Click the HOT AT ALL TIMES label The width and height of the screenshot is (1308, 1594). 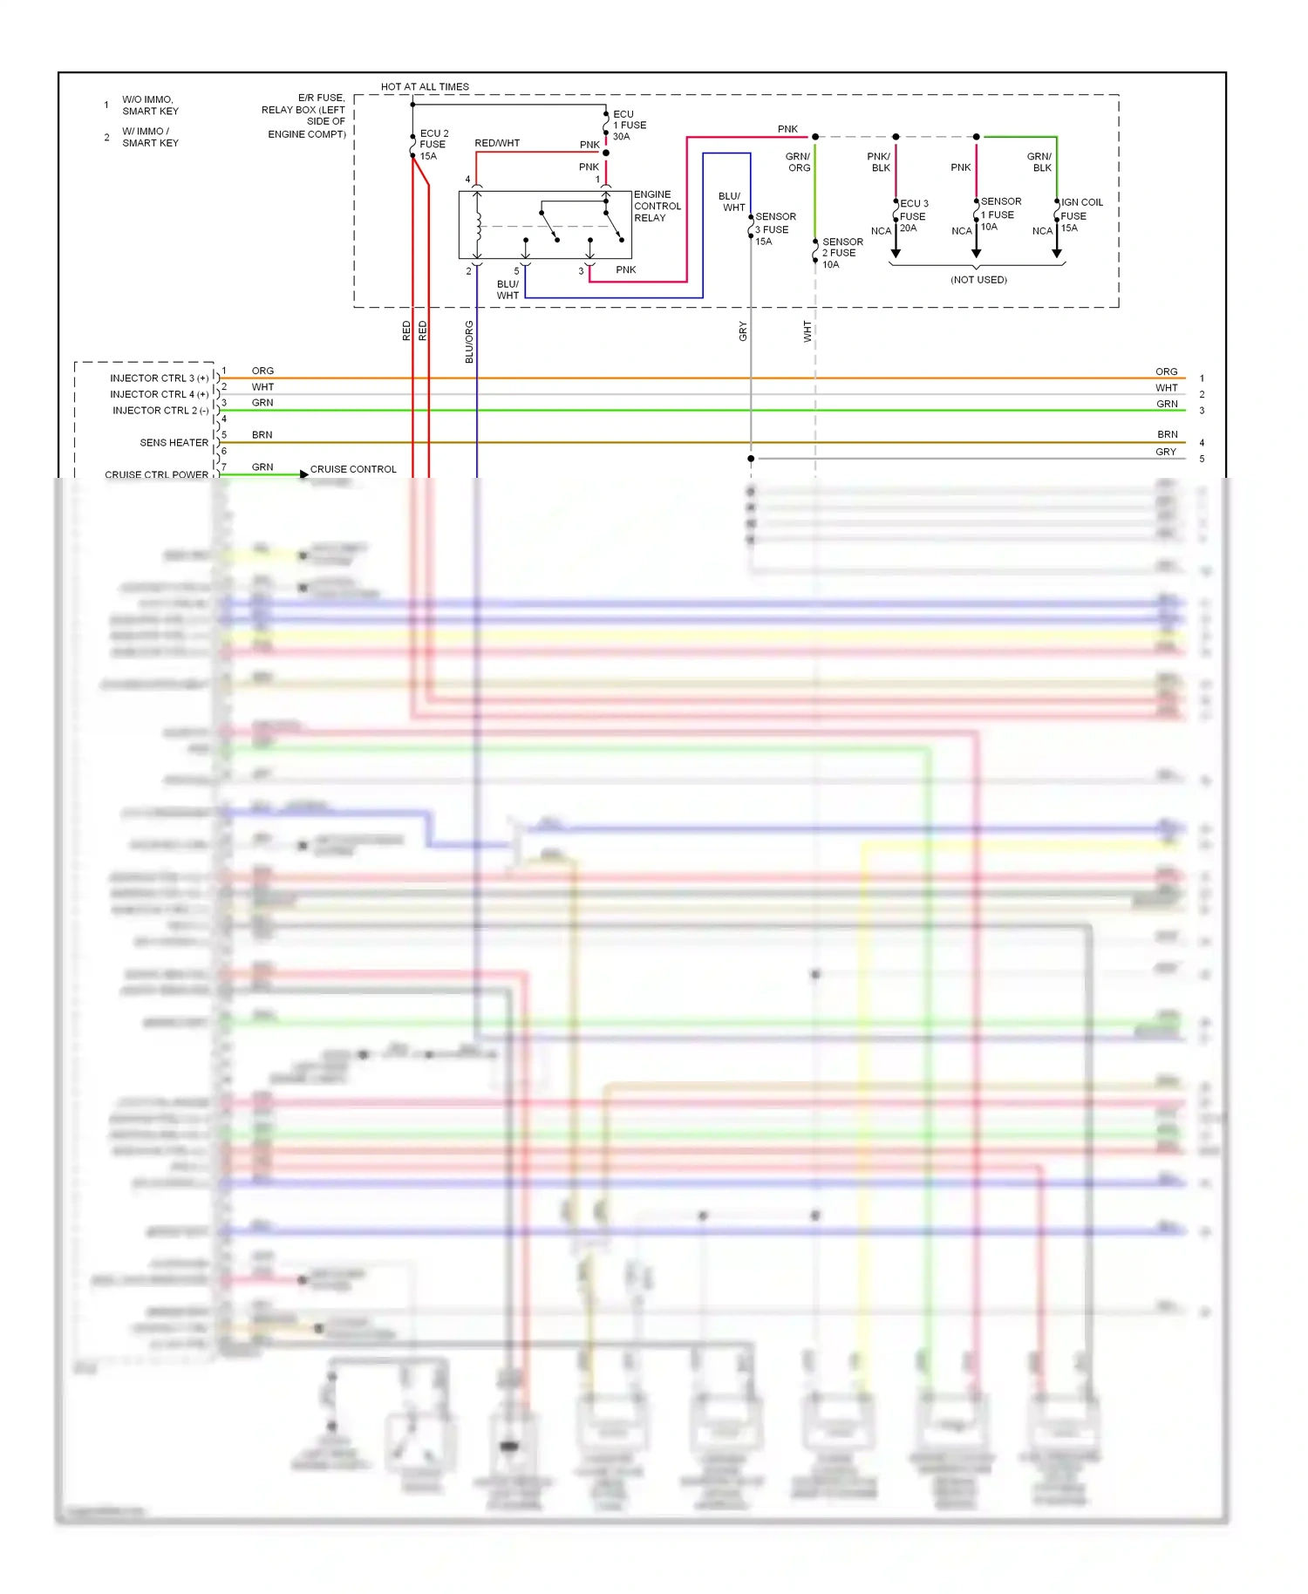425,86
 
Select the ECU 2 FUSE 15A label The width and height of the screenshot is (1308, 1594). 433,145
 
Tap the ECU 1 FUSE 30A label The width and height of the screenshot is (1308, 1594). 629,126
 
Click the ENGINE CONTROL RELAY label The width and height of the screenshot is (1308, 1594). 657,207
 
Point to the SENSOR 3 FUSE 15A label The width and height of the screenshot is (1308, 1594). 774,229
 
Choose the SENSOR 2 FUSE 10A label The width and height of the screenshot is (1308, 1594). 841,253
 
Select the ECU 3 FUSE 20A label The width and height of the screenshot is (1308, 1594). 913,215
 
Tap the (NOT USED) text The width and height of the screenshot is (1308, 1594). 978,280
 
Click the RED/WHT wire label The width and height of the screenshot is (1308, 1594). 497,143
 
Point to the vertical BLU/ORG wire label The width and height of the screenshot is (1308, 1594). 469,342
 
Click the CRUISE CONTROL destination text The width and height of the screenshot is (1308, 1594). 353,469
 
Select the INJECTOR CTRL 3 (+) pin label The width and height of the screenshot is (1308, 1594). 159,378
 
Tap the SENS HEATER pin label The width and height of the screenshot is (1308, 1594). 174,443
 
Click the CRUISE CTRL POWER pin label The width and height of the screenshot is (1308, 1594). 156,474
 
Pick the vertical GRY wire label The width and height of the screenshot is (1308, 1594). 743,331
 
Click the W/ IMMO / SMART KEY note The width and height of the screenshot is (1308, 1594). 149,137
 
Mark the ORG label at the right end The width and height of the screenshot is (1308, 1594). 1166,371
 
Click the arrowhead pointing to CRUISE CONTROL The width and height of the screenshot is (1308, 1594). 303,474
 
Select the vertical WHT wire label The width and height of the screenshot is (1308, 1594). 807,331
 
